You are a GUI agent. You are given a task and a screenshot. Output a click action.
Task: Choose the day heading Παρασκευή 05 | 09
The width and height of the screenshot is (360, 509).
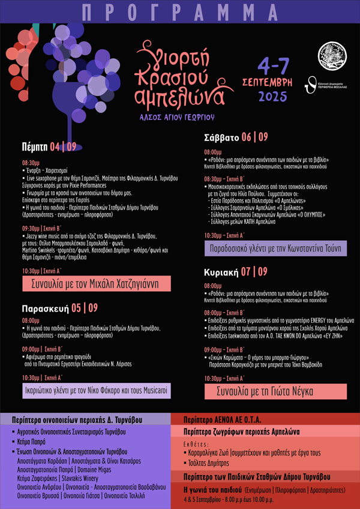point(59,308)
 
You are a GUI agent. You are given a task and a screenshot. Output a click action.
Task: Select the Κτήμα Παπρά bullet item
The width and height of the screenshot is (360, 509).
point(35,442)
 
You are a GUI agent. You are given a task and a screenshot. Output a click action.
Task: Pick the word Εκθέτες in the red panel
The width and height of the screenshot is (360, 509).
point(194,444)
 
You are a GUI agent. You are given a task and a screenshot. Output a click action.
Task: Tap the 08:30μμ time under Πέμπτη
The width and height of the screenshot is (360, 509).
point(31,163)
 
